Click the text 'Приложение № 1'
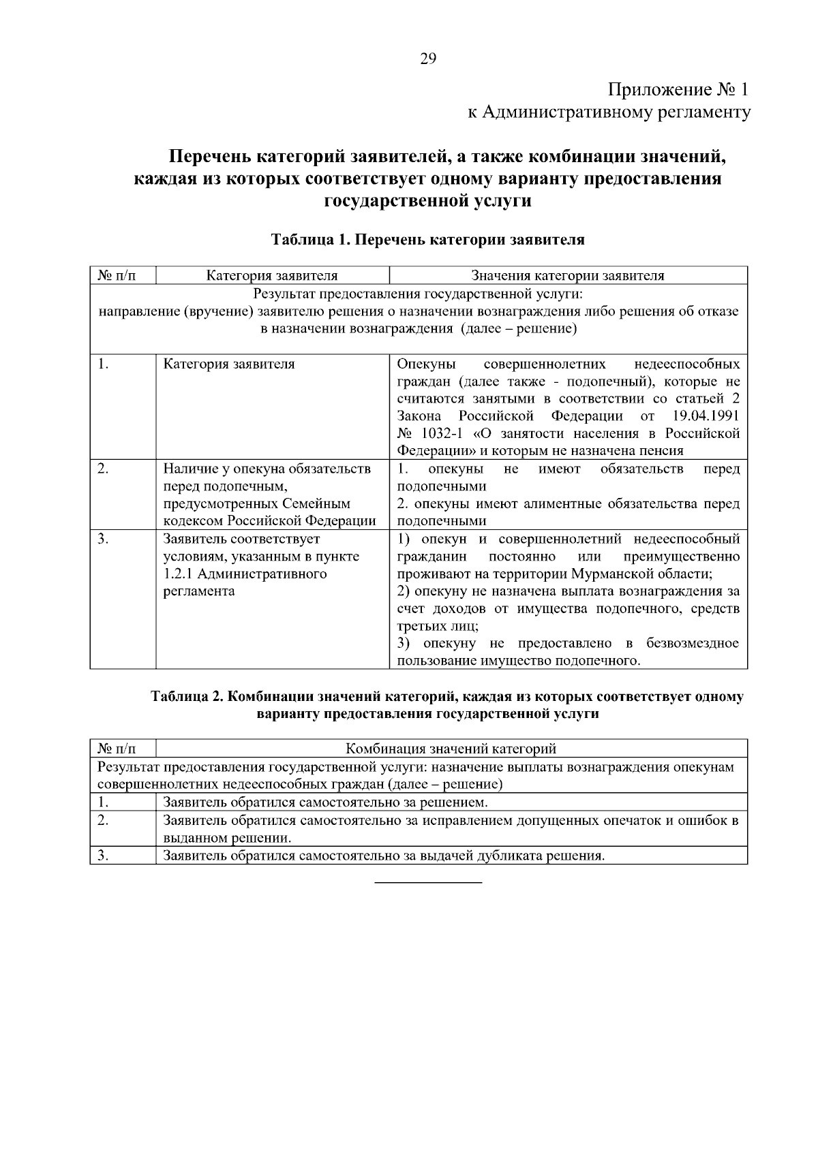coord(678,89)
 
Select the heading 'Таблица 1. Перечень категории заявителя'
coord(427,240)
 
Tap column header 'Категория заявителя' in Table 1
coord(272,276)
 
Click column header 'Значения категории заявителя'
coord(568,276)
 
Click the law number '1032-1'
coord(436,434)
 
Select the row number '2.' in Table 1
coord(103,469)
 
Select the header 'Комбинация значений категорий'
coord(451,749)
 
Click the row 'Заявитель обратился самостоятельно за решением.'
coord(325,802)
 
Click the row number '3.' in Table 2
coord(103,856)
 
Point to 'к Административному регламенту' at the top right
coord(608,112)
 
